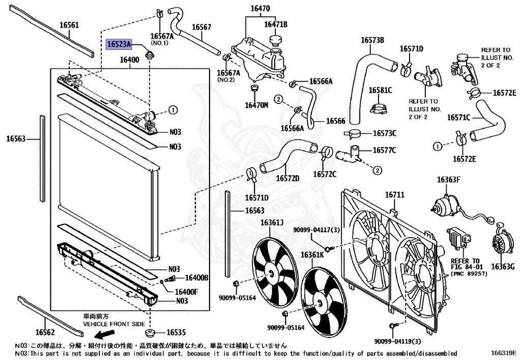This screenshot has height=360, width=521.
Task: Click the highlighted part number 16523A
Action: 119,45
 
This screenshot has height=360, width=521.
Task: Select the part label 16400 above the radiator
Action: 129,60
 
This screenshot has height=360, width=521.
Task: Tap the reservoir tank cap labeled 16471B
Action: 276,39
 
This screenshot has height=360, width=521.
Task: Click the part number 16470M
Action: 256,105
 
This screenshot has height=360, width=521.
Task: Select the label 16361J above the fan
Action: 272,223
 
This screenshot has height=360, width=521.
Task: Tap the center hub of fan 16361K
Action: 320,303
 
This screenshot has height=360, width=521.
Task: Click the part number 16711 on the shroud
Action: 394,195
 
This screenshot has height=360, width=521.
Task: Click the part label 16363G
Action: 503,266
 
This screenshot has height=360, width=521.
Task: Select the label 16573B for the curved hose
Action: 372,40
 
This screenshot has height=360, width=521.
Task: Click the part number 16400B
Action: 196,278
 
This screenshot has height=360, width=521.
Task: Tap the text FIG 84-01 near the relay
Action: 465,266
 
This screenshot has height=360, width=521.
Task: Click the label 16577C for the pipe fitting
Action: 385,150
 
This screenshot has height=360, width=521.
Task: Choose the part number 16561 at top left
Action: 69,25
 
